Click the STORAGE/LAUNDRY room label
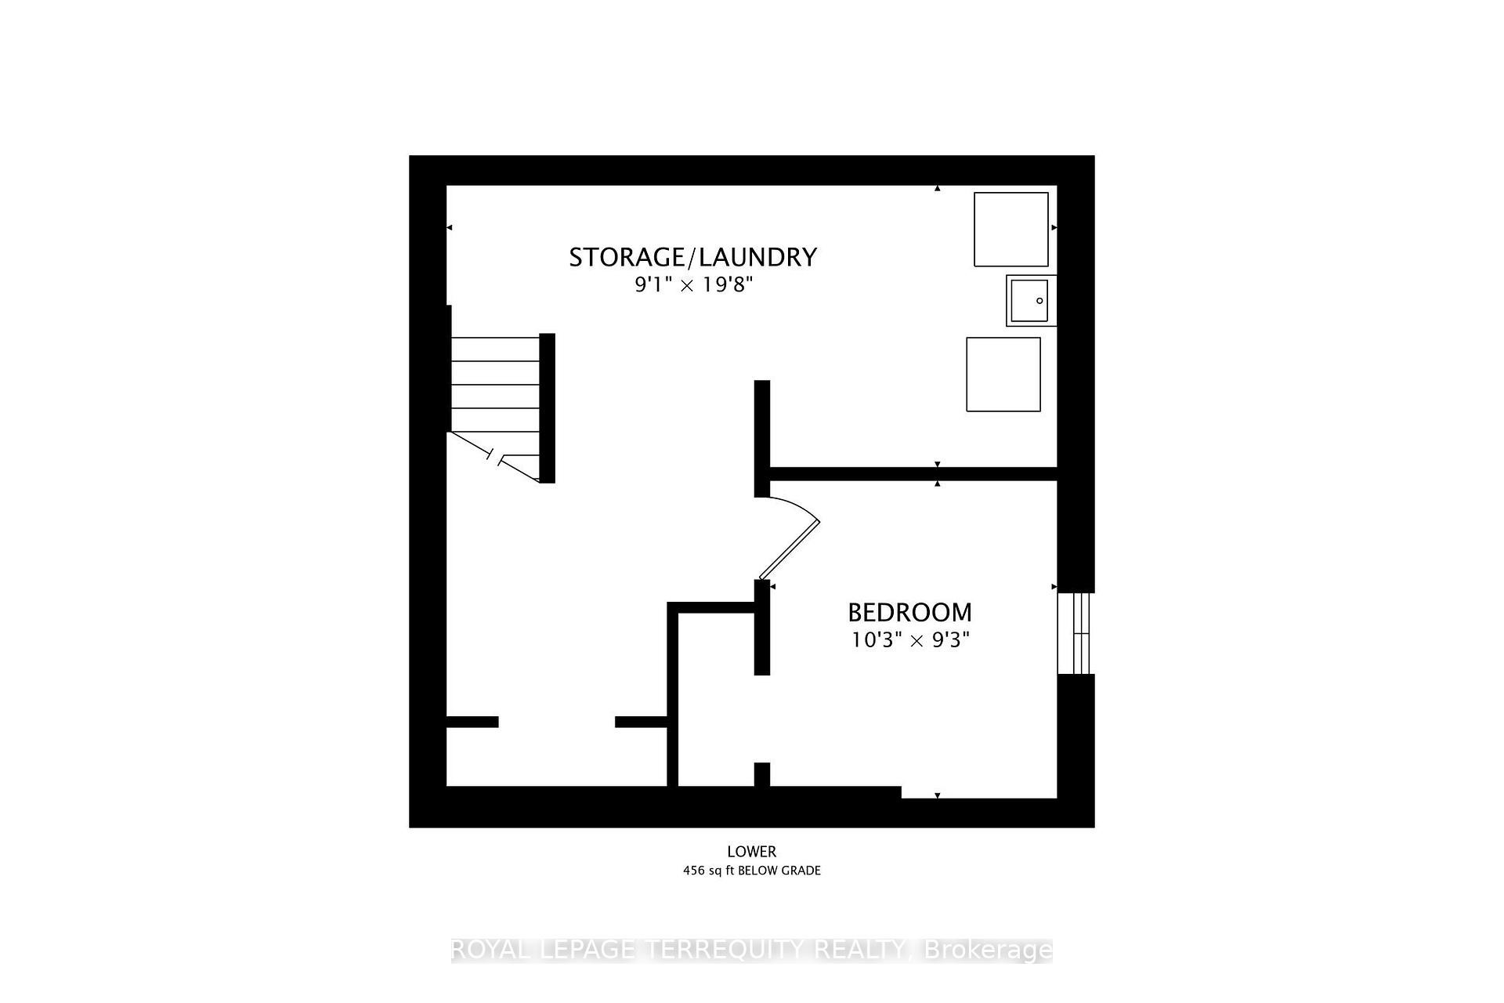[692, 257]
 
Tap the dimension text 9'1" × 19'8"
[693, 284]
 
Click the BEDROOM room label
[909, 612]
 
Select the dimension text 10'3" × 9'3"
[910, 640]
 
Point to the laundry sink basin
[1029, 301]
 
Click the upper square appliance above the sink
[1010, 230]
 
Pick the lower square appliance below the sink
[1003, 375]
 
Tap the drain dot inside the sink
[1039, 301]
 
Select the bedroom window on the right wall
[1074, 633]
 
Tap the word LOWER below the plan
[751, 852]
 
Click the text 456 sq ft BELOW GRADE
[751, 871]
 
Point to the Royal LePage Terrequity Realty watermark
[751, 950]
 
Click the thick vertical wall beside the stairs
[548, 407]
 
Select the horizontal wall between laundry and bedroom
[913, 474]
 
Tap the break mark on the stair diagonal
[495, 457]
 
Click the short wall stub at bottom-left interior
[472, 722]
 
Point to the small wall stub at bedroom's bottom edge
[761, 774]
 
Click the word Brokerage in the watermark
[988, 950]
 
